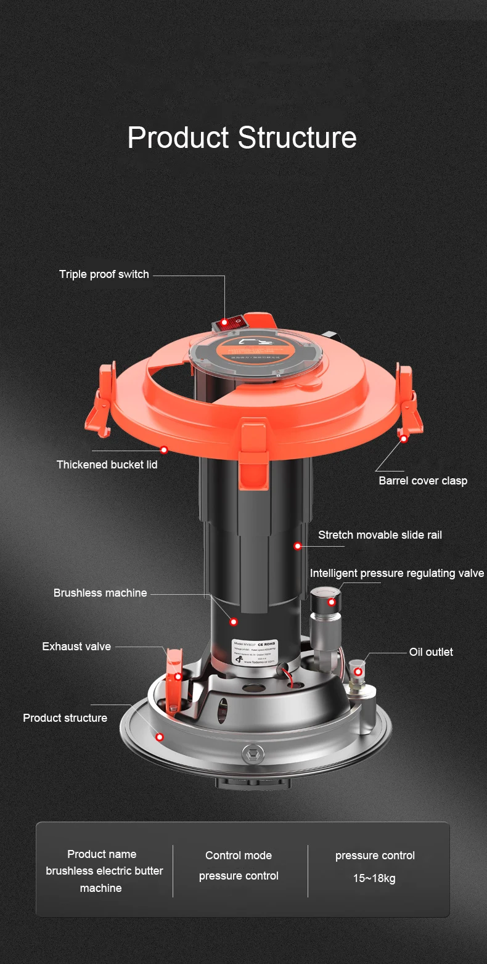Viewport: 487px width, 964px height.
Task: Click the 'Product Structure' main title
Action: click(242, 137)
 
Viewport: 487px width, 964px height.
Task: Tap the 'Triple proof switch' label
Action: click(104, 274)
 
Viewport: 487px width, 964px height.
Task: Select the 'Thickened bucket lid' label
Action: click(107, 465)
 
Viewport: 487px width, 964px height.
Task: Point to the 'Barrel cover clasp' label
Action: click(423, 481)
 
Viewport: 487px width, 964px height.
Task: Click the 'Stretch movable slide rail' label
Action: click(380, 535)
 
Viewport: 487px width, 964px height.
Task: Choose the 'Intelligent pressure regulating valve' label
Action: click(396, 573)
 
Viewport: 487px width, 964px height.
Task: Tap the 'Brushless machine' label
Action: click(100, 593)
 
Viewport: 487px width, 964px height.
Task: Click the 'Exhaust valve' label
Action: click(76, 647)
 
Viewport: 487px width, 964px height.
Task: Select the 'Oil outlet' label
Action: click(431, 652)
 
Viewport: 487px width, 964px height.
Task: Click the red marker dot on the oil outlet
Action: click(358, 671)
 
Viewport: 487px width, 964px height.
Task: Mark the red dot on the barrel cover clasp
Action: click(404, 438)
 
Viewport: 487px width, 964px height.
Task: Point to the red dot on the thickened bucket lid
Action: click(164, 450)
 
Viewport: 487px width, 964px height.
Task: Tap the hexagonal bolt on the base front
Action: click(251, 753)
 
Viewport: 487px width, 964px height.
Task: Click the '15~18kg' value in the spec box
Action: click(374, 878)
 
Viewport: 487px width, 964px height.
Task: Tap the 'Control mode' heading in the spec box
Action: click(239, 856)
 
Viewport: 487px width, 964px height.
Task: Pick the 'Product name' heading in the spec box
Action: click(102, 854)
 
